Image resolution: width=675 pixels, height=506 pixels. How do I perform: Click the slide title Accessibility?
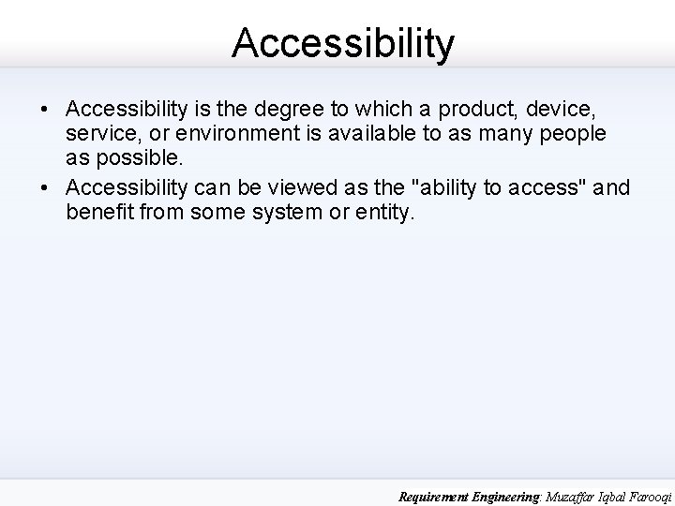tap(343, 42)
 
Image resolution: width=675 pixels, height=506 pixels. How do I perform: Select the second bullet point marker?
tap(45, 188)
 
